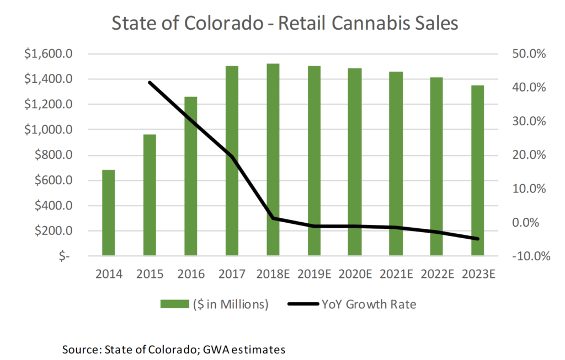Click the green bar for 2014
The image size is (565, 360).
click(x=108, y=213)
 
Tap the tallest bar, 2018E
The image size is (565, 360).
click(x=273, y=160)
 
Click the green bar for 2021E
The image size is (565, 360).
click(x=396, y=164)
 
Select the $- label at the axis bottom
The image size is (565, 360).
click(x=65, y=256)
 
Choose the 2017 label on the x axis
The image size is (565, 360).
click(x=232, y=274)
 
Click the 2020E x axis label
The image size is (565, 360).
click(x=355, y=274)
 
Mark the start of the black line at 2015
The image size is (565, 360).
click(x=150, y=82)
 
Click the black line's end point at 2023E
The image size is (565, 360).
click(x=478, y=239)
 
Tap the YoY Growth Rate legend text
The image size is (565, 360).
click(x=369, y=304)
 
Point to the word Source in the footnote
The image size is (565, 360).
click(x=79, y=349)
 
